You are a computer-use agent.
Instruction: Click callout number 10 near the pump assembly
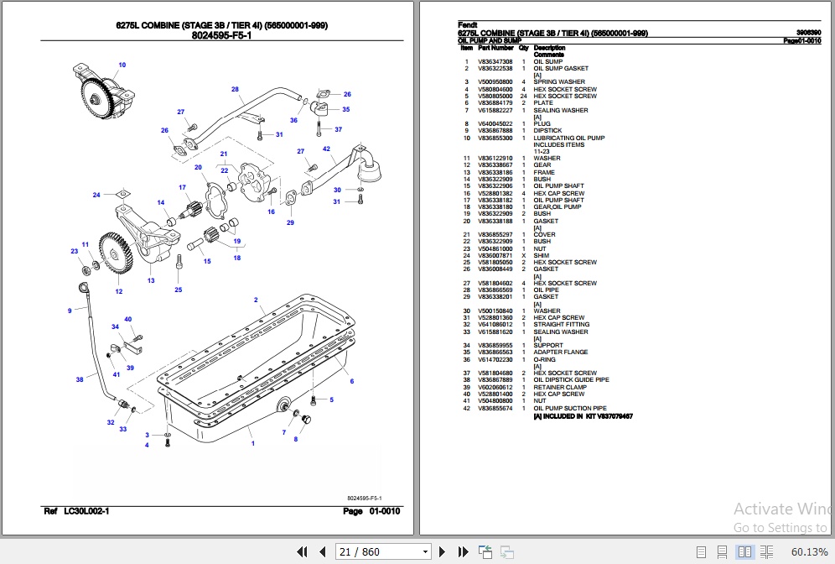tap(122, 65)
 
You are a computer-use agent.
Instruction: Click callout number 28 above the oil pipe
tap(235, 89)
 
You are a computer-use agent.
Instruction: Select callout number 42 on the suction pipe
tap(327, 149)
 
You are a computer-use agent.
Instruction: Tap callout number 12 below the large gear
tap(119, 291)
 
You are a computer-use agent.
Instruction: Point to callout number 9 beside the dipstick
tap(70, 311)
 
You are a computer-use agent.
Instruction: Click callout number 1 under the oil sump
tap(252, 442)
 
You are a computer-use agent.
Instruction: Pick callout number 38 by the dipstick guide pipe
tap(80, 379)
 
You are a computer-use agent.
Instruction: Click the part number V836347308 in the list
tap(495, 62)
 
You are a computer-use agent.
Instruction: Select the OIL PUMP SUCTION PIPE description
tap(569, 409)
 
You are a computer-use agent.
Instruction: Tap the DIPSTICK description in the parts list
tap(547, 131)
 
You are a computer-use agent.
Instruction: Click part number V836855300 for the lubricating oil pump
tap(495, 138)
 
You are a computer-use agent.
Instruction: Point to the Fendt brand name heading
tap(467, 25)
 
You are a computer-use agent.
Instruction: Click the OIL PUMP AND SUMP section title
tap(490, 40)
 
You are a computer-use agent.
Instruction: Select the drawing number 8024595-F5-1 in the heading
tap(222, 37)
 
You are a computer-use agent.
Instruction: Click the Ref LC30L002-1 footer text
tap(76, 511)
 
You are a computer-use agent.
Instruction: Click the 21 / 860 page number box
tap(382, 551)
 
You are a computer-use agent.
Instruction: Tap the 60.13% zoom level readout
tap(808, 551)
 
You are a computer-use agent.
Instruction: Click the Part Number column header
tap(495, 48)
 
